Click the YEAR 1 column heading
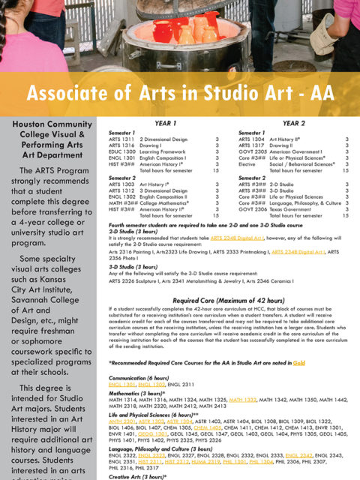tap(164, 122)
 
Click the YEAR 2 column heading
tap(293, 122)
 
